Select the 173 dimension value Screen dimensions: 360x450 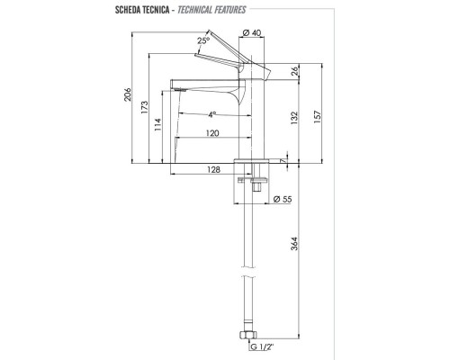click(x=144, y=108)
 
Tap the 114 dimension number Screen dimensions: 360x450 click(x=159, y=125)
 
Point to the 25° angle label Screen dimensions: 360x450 click(x=204, y=40)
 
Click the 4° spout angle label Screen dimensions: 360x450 click(x=211, y=114)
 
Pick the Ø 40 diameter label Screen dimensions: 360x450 click(x=254, y=35)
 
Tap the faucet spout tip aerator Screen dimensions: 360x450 click(x=179, y=88)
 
